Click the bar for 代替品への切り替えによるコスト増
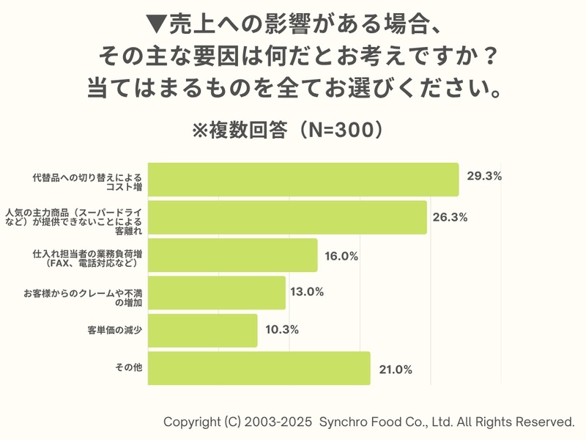pos(303,180)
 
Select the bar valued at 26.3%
pos(287,218)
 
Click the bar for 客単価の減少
pos(203,331)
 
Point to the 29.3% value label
pos(483,177)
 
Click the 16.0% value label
pos(341,256)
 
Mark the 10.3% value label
pos(281,329)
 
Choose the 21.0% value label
pos(396,369)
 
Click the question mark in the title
pos(492,56)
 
